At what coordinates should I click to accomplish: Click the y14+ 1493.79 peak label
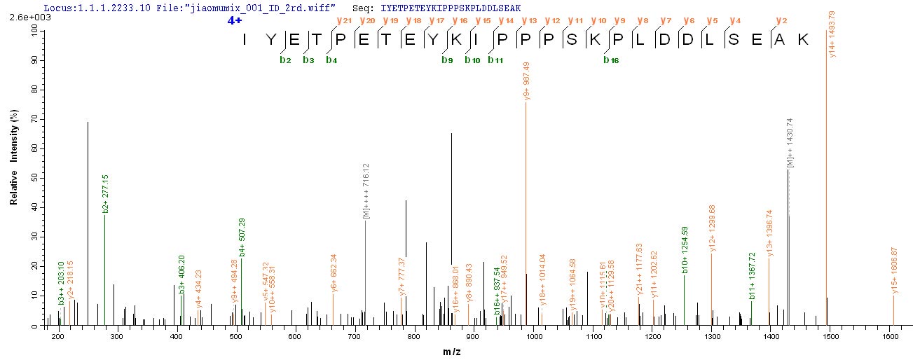pyautogui.click(x=832, y=33)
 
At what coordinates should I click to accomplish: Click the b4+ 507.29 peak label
pyautogui.click(x=242, y=240)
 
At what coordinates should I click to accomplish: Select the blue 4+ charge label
pyautogui.click(x=233, y=21)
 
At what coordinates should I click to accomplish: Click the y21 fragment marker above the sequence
pyautogui.click(x=343, y=21)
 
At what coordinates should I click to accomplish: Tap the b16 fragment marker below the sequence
pyautogui.click(x=610, y=60)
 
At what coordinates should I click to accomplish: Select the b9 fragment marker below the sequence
pyautogui.click(x=447, y=60)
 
